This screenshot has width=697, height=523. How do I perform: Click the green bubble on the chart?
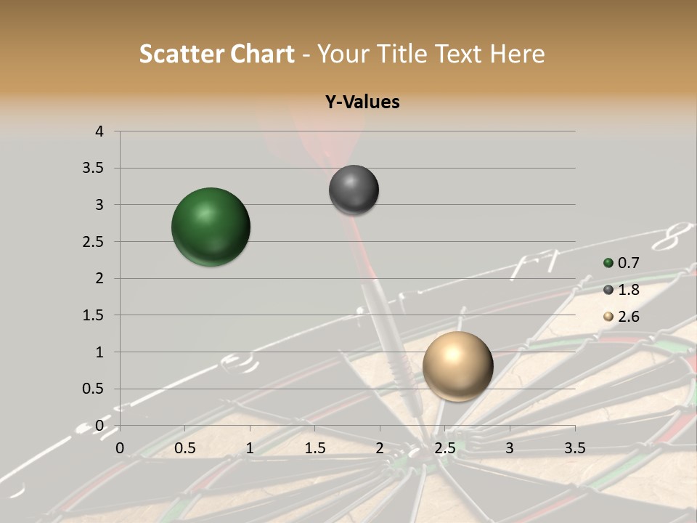pyautogui.click(x=211, y=227)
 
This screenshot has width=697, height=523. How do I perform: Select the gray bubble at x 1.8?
pyautogui.click(x=354, y=190)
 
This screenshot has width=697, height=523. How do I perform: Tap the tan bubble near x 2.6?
pyautogui.click(x=457, y=366)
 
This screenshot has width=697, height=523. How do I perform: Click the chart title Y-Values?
pyautogui.click(x=362, y=102)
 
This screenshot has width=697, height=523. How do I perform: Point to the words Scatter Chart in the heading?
pyautogui.click(x=216, y=54)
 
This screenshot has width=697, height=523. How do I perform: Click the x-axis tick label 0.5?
pyautogui.click(x=185, y=448)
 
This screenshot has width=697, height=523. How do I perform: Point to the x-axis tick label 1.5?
pyautogui.click(x=315, y=448)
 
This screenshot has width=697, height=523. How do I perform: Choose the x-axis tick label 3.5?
pyautogui.click(x=574, y=448)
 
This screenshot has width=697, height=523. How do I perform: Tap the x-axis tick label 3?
pyautogui.click(x=510, y=448)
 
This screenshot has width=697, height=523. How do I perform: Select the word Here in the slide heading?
pyautogui.click(x=517, y=54)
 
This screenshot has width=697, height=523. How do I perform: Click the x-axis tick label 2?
pyautogui.click(x=380, y=448)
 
